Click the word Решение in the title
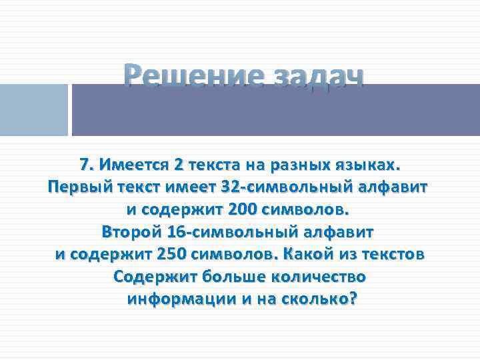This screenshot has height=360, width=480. tap(189, 79)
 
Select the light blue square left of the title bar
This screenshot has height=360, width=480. tap(33, 110)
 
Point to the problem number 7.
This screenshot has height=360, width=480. tap(85, 164)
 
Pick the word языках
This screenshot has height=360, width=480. tap(370, 164)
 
